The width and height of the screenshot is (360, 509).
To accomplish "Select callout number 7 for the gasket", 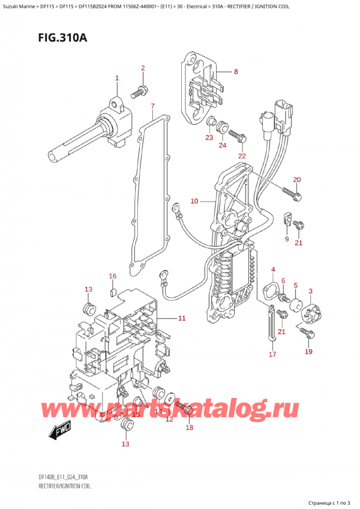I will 153,107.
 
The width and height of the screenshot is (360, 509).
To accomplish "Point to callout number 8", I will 236,72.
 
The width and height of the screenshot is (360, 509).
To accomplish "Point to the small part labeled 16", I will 112,292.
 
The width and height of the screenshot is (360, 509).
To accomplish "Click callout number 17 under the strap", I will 272,354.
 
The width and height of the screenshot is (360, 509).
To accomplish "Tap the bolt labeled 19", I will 308,332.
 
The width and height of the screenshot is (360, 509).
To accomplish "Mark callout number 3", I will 310,291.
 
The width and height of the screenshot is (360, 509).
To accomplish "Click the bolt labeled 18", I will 187,410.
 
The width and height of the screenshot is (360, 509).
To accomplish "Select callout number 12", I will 169,419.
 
